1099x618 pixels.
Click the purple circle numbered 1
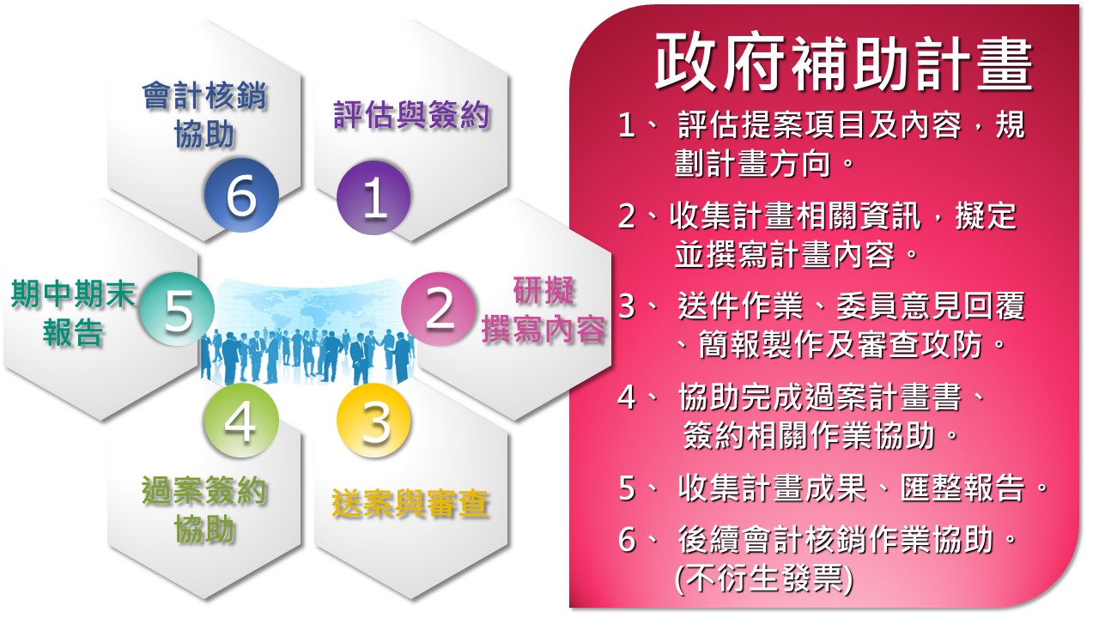pos(373,197)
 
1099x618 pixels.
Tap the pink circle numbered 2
pos(439,309)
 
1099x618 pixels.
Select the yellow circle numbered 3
pos(373,421)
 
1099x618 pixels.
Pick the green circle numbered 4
pos(241,421)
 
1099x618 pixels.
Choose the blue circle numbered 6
pos(241,195)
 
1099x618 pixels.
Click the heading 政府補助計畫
pos(844,64)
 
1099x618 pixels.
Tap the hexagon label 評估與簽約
pos(411,116)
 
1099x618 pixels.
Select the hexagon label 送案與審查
pos(410,503)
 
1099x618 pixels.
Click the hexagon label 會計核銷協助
pos(204,115)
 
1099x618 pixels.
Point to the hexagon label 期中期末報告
pos(73,313)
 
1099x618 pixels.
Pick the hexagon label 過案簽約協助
pos(204,510)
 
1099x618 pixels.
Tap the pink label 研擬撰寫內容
pos(543,310)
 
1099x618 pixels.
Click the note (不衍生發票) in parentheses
pos(764,579)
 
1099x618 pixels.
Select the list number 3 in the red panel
pos(628,306)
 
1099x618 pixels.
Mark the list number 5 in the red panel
pos(628,488)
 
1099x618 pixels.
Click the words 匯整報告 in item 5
pos(962,488)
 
